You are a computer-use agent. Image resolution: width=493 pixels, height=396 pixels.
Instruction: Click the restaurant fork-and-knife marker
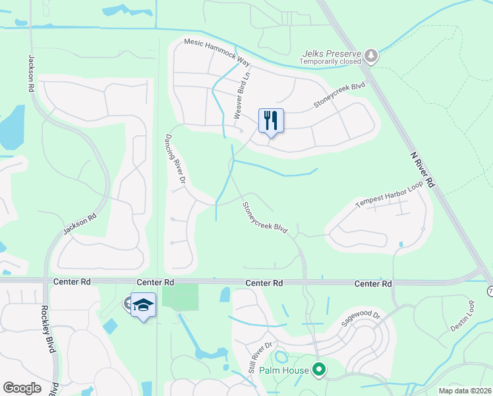point(271,121)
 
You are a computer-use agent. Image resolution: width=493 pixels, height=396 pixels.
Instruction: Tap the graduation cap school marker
point(143,305)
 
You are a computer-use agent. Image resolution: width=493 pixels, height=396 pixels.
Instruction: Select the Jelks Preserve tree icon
point(372,55)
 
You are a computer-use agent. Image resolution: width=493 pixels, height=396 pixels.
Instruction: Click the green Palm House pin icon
point(320,370)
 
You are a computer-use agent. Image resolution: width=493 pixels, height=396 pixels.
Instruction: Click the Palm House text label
point(283,370)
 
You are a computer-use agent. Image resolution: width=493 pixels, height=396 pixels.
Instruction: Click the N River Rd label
point(422,170)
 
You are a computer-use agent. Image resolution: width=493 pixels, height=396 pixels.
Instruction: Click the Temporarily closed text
point(330,62)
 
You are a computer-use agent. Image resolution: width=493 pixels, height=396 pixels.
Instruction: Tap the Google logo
point(22,388)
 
